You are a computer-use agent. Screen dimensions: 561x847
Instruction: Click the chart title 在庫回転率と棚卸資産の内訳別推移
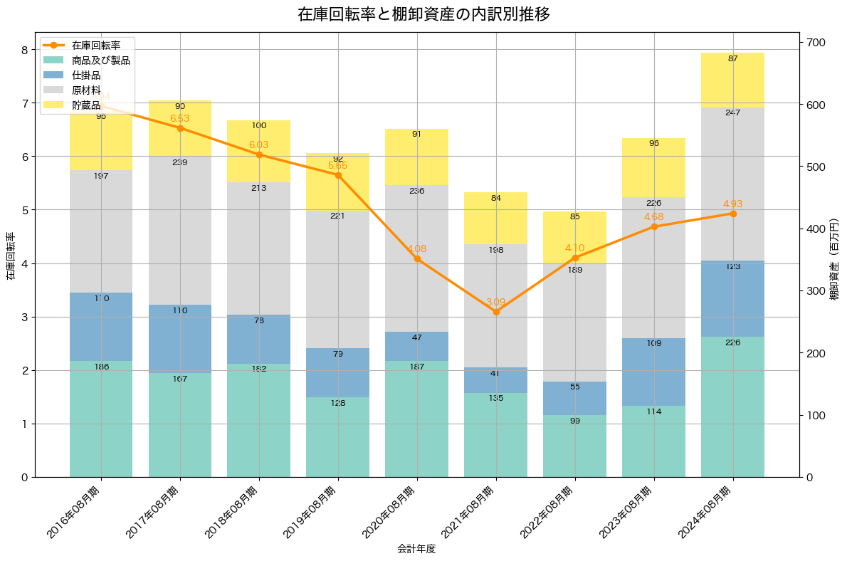pyautogui.click(x=423, y=14)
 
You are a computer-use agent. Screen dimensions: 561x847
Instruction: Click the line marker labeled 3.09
pyautogui.click(x=496, y=312)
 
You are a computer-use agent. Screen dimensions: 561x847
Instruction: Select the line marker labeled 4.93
pyautogui.click(x=732, y=214)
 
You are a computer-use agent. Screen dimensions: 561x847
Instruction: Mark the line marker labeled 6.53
pyautogui.click(x=180, y=128)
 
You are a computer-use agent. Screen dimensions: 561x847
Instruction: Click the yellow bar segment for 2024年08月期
pyautogui.click(x=732, y=80)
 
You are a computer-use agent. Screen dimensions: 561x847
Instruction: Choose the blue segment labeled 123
pyautogui.click(x=732, y=298)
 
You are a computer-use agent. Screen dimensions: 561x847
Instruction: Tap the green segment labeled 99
pyautogui.click(x=575, y=446)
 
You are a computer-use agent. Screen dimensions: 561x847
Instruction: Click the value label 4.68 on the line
pyautogui.click(x=653, y=216)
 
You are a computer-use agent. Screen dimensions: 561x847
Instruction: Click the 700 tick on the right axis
pyautogui.click(x=815, y=42)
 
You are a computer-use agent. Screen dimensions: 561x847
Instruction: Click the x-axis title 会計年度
pyautogui.click(x=416, y=549)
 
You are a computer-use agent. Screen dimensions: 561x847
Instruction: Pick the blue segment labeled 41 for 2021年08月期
pyautogui.click(x=496, y=380)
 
